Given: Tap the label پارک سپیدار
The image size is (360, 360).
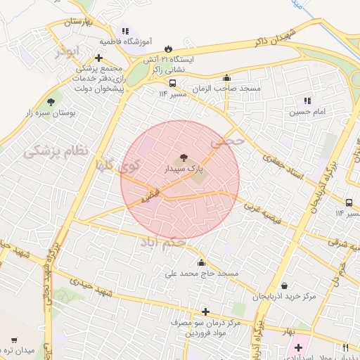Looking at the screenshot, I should (x=183, y=169).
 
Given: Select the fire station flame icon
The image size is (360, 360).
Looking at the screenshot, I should (x=168, y=49).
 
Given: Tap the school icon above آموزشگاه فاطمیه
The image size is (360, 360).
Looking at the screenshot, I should (x=126, y=31).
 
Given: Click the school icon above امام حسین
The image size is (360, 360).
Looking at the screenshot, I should (x=307, y=101).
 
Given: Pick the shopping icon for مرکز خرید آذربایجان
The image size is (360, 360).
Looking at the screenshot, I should (x=284, y=285).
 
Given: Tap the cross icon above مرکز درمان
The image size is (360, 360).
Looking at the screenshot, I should (x=205, y=311).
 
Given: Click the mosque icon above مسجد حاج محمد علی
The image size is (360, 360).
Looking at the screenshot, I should (x=202, y=262).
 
